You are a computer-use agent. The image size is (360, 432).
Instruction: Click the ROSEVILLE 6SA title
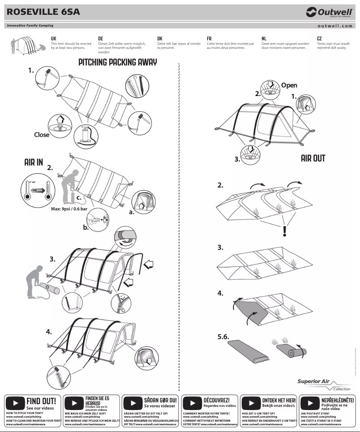pyautogui.click(x=44, y=12)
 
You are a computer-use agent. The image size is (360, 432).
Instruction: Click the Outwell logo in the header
pyautogui.click(x=329, y=12)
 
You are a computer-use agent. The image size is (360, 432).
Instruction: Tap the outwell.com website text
pyautogui.click(x=335, y=26)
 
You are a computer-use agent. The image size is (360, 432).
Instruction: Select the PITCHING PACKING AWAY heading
pyautogui.click(x=118, y=62)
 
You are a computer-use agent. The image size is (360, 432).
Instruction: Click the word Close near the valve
pyautogui.click(x=42, y=134)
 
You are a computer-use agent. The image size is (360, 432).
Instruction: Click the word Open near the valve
pyautogui.click(x=289, y=85)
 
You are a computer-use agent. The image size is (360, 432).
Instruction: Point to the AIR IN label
pyautogui.click(x=34, y=162)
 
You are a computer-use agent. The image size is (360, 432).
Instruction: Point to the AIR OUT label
pyautogui.click(x=313, y=158)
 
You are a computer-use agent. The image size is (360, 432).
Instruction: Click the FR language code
pyautogui.click(x=209, y=39)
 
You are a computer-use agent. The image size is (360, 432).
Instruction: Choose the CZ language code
pyautogui.click(x=319, y=39)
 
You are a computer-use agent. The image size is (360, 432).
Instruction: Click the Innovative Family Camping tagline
pyautogui.click(x=30, y=26)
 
